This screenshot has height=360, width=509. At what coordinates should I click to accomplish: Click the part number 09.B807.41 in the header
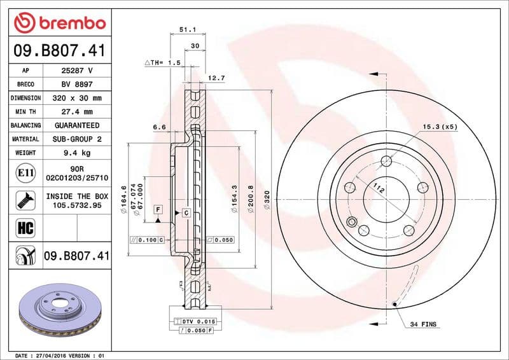coord(59,50)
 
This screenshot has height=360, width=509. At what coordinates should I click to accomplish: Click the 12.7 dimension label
coord(216,78)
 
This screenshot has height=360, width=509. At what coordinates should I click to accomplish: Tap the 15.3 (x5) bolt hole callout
coord(440,127)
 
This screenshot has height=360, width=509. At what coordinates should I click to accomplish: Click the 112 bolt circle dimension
coord(380,188)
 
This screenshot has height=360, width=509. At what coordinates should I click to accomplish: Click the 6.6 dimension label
coord(159,127)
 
